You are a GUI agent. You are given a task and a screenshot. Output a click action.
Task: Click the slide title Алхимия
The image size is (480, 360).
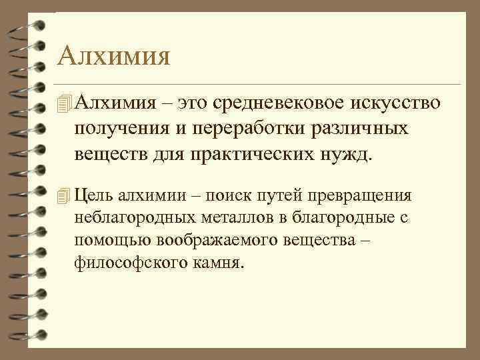(x=113, y=55)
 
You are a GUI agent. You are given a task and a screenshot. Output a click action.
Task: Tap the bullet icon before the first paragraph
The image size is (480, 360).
(x=64, y=103)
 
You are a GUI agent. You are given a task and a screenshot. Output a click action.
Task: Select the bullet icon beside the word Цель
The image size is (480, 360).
(x=64, y=195)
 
